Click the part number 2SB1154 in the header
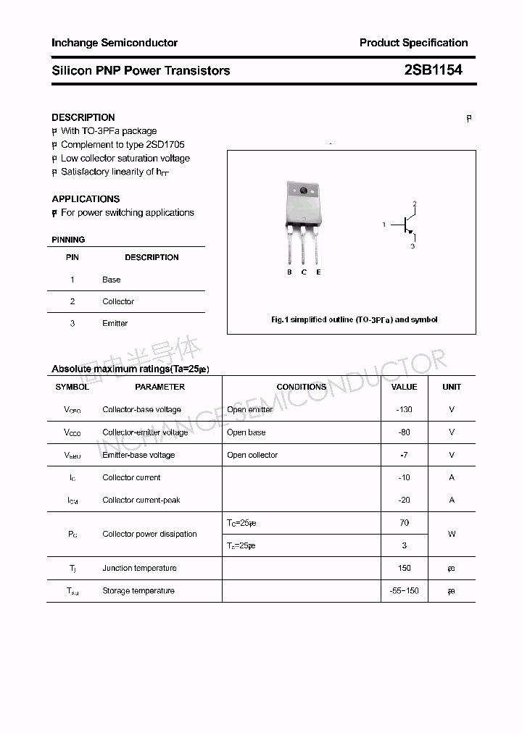coord(432,70)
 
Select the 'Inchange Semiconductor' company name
coord(115,43)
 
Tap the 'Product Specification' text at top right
coord(413,43)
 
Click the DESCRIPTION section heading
coord(83,117)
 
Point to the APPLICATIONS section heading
coord(86,198)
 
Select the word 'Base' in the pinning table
coord(111,280)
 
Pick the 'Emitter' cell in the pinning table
coord(115,324)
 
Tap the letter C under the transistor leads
coord(304,272)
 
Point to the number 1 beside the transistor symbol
coord(384,225)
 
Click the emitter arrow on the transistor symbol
coord(410,234)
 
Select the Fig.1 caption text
coord(354,319)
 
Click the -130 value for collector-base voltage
coord(404,410)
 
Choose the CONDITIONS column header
coord(301,387)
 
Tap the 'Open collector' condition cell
coord(252,456)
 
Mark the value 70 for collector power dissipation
coord(404,523)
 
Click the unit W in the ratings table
coord(451,535)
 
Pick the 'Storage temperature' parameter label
coord(138,591)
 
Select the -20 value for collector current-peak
coord(404,500)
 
